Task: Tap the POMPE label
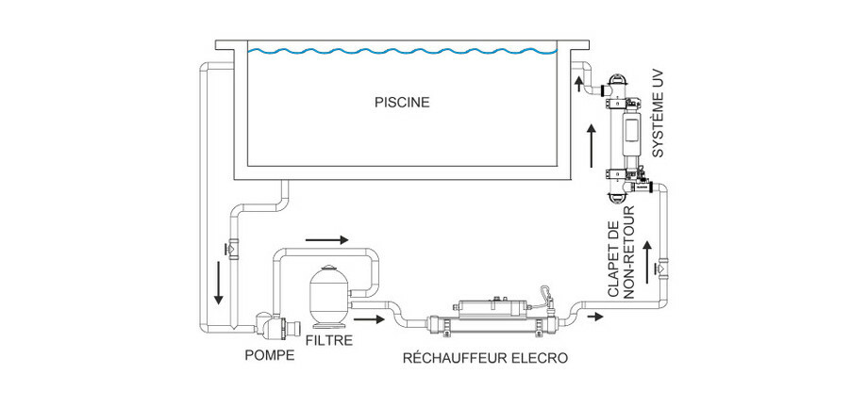(x=268, y=356)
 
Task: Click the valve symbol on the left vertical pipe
(x=230, y=248)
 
